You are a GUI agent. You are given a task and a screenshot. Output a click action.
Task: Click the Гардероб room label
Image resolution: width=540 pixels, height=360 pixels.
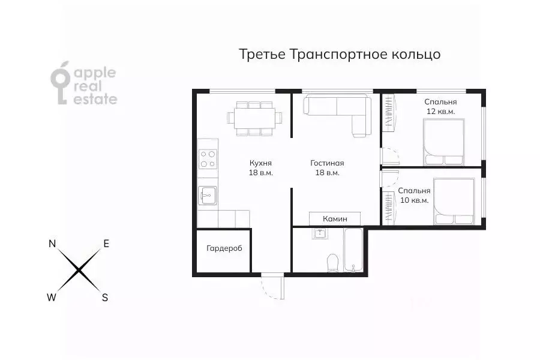pyautogui.click(x=224, y=248)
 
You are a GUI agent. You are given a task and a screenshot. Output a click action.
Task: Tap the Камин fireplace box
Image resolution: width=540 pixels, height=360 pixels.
pyautogui.click(x=335, y=218)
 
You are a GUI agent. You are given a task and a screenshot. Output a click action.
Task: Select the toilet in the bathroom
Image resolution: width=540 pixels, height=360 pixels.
pyautogui.click(x=332, y=263)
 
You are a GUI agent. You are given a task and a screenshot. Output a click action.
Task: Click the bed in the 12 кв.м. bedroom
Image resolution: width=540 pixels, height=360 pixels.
pyautogui.click(x=444, y=142)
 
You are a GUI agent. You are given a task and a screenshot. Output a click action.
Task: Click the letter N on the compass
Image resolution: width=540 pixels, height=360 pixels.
pyautogui.click(x=52, y=244)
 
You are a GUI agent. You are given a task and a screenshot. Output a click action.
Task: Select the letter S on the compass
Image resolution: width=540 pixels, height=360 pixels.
pyautogui.click(x=105, y=297)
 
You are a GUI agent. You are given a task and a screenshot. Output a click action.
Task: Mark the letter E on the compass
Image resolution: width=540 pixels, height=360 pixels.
pyautogui.click(x=106, y=244)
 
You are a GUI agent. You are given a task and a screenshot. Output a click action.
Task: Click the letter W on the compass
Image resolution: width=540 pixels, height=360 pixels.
pyautogui.click(x=53, y=297)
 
